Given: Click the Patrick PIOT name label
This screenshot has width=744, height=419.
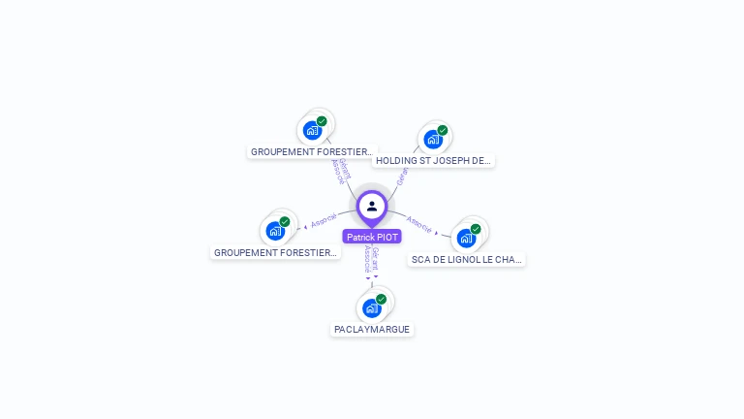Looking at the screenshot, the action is click(x=372, y=237).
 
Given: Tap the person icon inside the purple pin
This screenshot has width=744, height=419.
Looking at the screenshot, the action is click(x=372, y=206).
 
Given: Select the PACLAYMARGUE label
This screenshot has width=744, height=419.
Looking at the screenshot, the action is click(x=372, y=330).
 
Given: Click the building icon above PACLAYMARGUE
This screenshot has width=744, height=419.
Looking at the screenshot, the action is click(x=371, y=308).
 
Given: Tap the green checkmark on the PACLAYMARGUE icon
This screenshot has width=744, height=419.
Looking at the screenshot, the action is click(x=381, y=300).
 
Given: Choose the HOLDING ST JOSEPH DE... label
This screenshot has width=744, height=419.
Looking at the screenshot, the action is click(x=435, y=161).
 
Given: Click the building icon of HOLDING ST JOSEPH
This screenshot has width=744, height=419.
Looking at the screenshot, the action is click(x=433, y=139).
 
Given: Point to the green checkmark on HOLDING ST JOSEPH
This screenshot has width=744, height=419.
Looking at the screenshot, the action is click(x=443, y=131).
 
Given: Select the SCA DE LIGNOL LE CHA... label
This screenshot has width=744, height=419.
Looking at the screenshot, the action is click(x=467, y=260).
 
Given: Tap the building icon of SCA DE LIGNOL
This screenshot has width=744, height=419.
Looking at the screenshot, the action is click(x=466, y=238).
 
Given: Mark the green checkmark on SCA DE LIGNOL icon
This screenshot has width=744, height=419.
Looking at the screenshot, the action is click(x=476, y=229).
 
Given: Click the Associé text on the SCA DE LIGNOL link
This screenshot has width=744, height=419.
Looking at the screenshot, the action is click(x=419, y=225).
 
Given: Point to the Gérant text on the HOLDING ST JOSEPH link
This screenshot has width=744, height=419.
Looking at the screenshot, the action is click(x=402, y=176).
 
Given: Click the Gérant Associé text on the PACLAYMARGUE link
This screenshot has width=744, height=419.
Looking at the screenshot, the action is click(x=371, y=258).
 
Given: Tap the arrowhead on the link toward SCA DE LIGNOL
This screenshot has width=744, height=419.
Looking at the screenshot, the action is click(x=437, y=233).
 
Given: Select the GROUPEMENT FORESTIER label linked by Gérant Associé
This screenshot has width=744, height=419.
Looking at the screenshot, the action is click(x=311, y=152).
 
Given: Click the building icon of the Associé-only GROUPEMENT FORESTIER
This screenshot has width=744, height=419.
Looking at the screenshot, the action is click(x=275, y=231).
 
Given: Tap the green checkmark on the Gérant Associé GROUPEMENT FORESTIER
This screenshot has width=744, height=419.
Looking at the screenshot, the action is click(x=322, y=121).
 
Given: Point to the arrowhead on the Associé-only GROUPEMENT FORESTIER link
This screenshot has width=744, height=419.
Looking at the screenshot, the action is click(x=305, y=227).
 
